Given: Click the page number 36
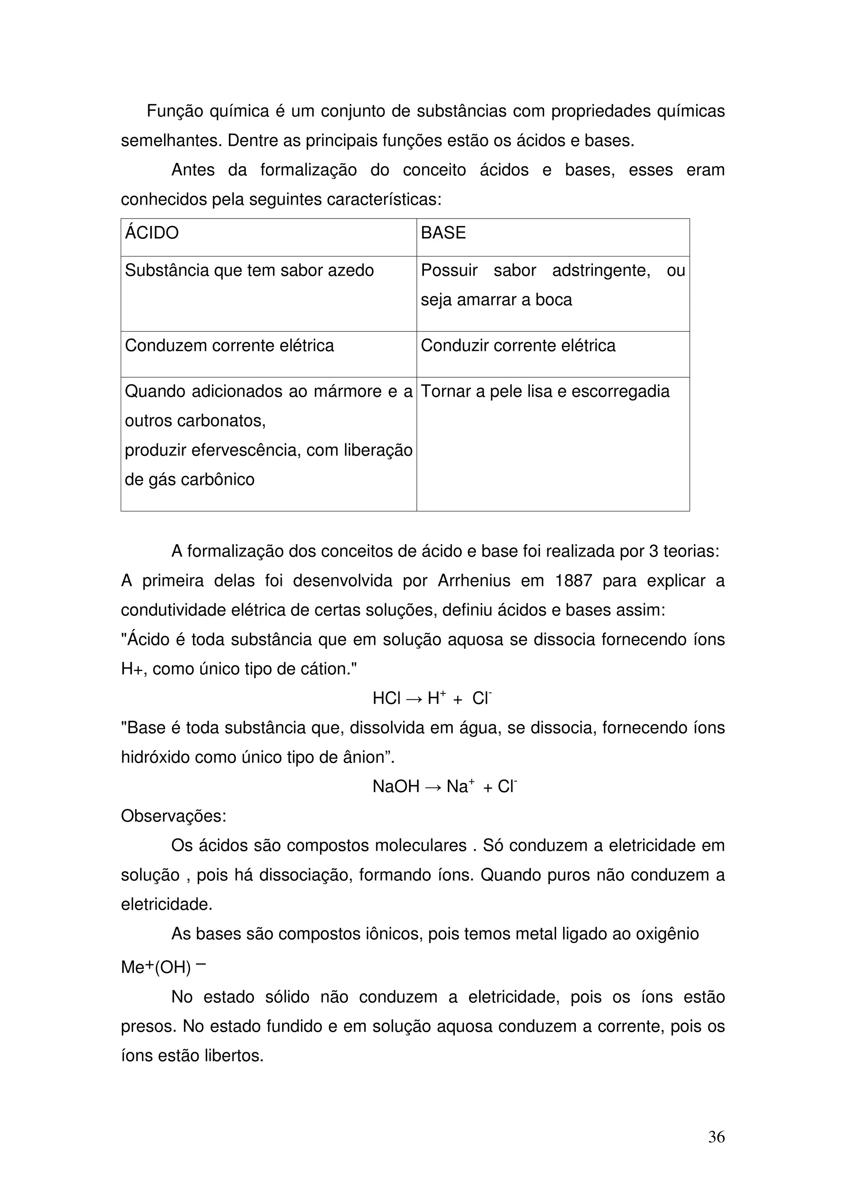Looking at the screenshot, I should tap(716, 1137).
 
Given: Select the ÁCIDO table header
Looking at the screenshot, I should tap(151, 233).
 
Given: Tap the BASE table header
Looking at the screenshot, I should tap(443, 233).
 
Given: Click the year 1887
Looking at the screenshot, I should tap(573, 581).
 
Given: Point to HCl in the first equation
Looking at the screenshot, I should tap(386, 699).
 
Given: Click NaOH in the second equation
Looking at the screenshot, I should tap(396, 787).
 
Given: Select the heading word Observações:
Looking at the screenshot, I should tap(173, 816).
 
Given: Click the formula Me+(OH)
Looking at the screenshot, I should tap(157, 968).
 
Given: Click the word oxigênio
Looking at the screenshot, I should tap(667, 934).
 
